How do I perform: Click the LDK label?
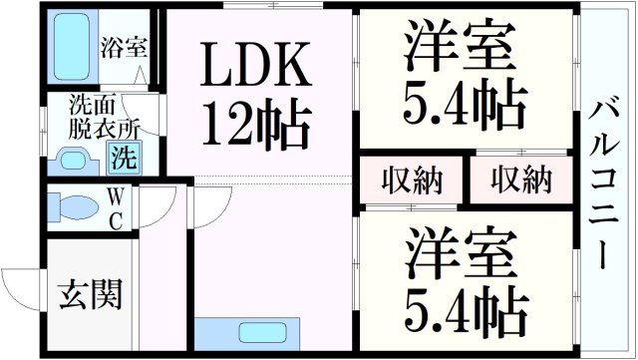coord(258,67)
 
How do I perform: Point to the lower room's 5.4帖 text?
coord(464,310)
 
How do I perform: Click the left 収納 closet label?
coord(411,180)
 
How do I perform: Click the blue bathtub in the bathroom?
coord(71,48)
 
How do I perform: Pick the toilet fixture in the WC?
coord(72,207)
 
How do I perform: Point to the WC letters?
coord(116,207)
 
